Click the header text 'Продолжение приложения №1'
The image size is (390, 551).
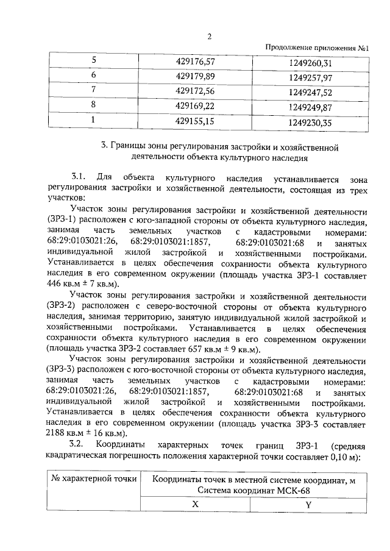[318, 48]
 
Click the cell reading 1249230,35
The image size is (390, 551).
[311, 122]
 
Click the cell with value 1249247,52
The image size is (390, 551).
[311, 92]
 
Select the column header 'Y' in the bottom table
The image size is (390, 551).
[308, 505]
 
